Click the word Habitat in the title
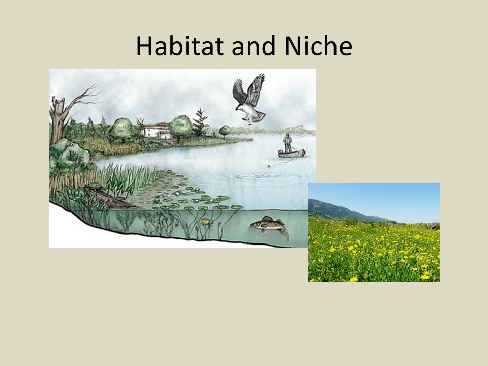coord(179,46)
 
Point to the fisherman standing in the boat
coord(288,143)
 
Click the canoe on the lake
coord(291,154)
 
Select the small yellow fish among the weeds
coord(205,222)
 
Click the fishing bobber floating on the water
coord(268,166)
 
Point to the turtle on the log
coord(94,187)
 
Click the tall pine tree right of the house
coord(200,123)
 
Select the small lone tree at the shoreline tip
coord(225,131)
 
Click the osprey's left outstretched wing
coord(239,91)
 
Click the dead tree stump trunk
coord(58,121)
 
